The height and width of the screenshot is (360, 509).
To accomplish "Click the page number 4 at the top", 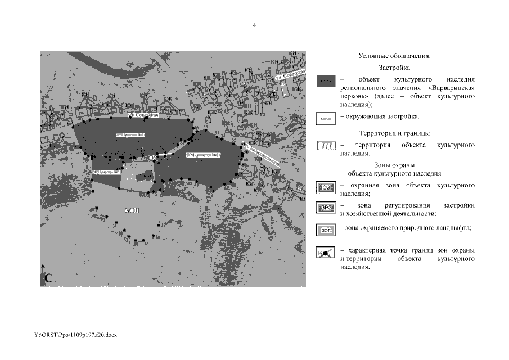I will pyautogui.click(x=254, y=26).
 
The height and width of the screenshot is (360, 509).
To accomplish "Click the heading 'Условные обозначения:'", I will pyautogui.click(x=394, y=56).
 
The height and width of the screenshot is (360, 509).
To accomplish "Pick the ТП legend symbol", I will pyautogui.click(x=326, y=146).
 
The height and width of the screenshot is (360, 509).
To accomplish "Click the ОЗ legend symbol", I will pyautogui.click(x=326, y=187).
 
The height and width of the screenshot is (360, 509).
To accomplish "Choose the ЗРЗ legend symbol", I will pyautogui.click(x=326, y=208).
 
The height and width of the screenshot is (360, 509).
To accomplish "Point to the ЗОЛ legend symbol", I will pyautogui.click(x=326, y=229).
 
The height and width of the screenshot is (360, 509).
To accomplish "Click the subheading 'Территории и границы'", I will pyautogui.click(x=394, y=133).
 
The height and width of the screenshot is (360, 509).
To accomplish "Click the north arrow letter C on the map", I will pyautogui.click(x=49, y=277).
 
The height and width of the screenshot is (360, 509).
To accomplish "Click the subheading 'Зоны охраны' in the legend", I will pyautogui.click(x=394, y=165).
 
